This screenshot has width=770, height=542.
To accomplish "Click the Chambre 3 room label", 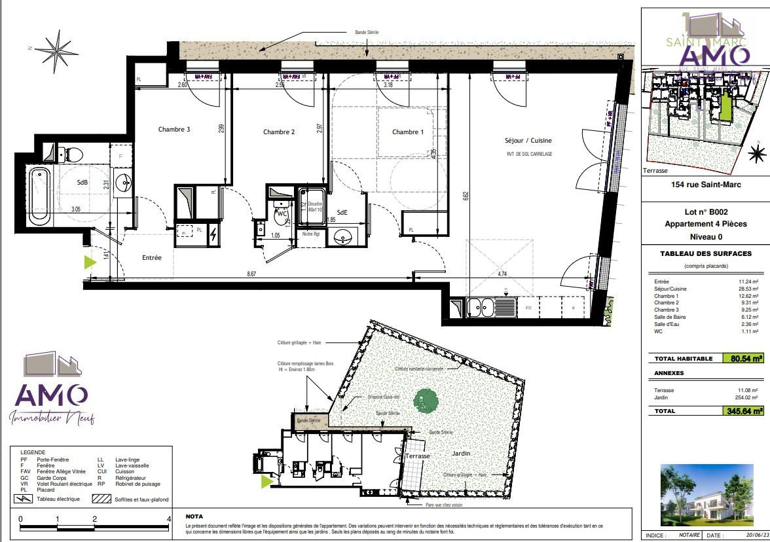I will pyautogui.click(x=174, y=130).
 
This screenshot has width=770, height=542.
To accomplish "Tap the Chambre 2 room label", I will pyautogui.click(x=279, y=132).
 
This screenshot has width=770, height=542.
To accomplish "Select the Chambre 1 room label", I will pyautogui.click(x=408, y=132).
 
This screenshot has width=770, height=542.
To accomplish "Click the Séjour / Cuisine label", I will pyautogui.click(x=528, y=141).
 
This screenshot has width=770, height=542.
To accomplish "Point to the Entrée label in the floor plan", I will pyautogui.click(x=152, y=258).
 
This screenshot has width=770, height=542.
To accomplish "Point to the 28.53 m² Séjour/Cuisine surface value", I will pyautogui.click(x=746, y=289).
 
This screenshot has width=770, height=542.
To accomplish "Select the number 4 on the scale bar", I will pyautogui.click(x=170, y=518).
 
